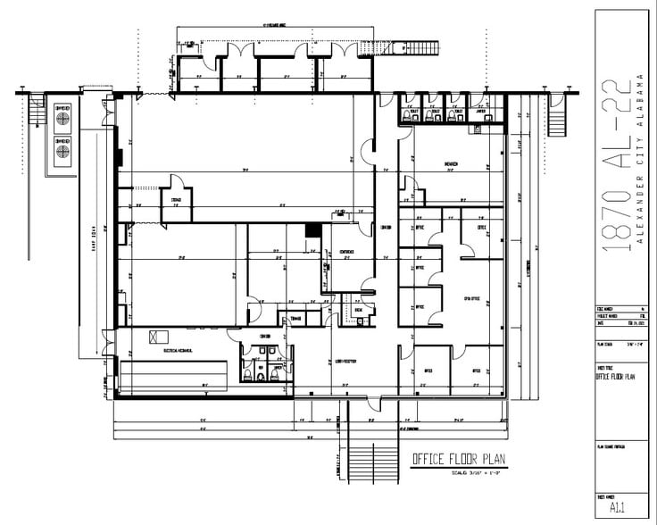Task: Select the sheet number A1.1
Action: click(x=615, y=509)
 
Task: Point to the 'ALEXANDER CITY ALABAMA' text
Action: click(x=639, y=161)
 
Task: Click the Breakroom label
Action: click(x=452, y=164)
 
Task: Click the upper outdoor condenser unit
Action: click(x=63, y=116)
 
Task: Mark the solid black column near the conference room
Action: click(x=312, y=230)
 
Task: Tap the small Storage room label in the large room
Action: click(x=177, y=200)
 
